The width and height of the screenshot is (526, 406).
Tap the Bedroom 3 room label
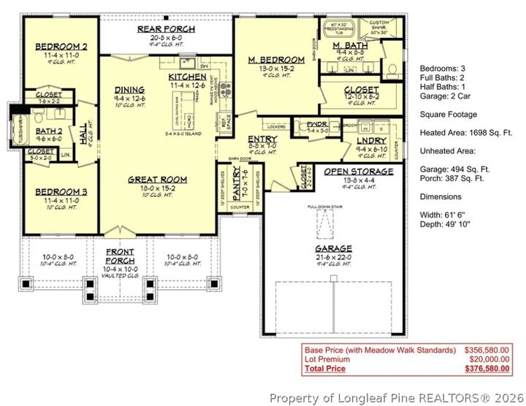56,191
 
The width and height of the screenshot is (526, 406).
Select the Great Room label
157,179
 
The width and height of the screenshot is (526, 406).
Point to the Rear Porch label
166,29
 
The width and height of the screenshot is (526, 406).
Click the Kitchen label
187,77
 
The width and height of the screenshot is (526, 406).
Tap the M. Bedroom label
276,60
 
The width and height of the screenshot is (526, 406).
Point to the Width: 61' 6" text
443,215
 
